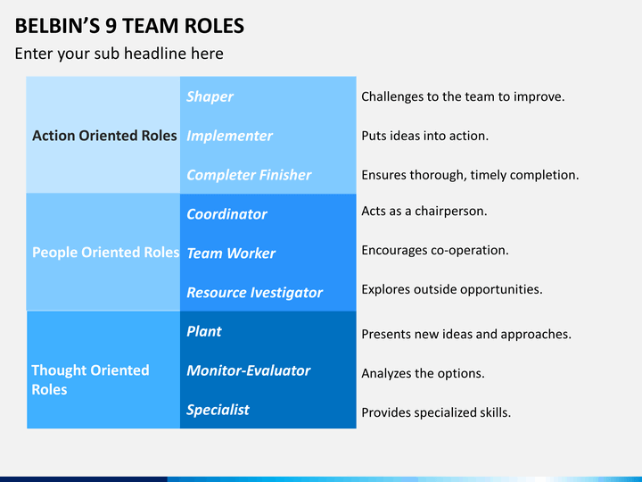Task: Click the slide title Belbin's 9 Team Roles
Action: pos(129,25)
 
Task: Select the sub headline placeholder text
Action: pos(119,54)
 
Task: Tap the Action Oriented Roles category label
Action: pos(104,136)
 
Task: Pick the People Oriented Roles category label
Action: pos(105,253)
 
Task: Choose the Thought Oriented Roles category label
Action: pos(90,379)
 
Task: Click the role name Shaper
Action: pos(210,96)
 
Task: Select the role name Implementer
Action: pos(229,136)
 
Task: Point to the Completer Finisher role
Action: pos(249,175)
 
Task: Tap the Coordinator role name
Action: pos(226,214)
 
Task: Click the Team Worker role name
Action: pos(231,253)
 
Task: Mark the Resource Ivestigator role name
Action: pos(254,293)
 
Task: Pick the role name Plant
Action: pos(203,331)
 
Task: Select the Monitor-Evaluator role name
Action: pos(248,370)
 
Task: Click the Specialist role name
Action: pos(218,410)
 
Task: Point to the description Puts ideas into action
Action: pos(424,136)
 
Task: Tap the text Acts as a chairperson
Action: pos(424,212)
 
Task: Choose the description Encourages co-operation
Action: pos(434,250)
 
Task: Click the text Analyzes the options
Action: pos(423,374)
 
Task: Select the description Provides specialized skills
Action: pos(435,412)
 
